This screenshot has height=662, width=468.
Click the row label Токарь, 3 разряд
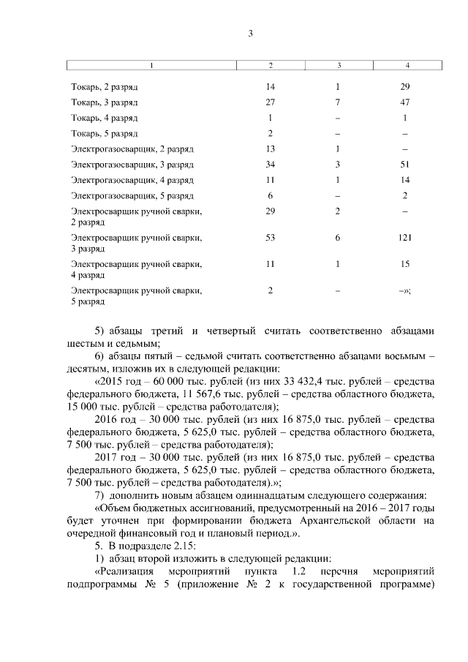(x=105, y=102)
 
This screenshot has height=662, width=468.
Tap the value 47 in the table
(x=405, y=102)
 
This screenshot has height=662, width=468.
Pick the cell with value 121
(x=405, y=238)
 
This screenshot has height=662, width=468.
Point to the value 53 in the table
(x=271, y=238)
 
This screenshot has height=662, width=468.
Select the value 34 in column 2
(x=271, y=165)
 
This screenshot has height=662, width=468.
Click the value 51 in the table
(x=405, y=165)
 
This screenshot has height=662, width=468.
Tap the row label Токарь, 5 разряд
(x=105, y=133)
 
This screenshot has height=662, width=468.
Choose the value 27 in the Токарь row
(x=271, y=102)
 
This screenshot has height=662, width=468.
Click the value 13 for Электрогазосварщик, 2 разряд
(x=271, y=149)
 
